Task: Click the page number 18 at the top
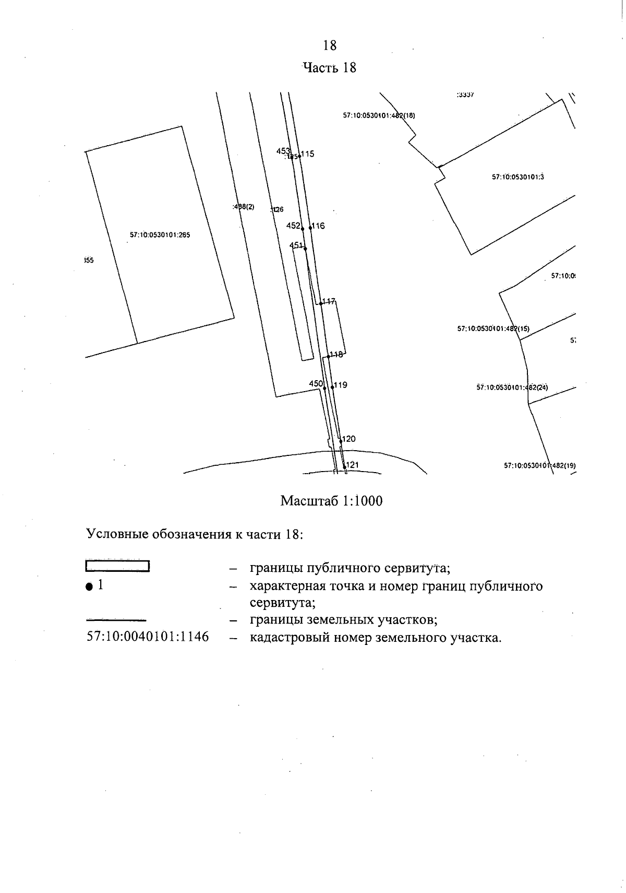[x=330, y=45]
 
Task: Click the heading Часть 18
[x=330, y=67]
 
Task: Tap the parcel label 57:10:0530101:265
[x=160, y=235]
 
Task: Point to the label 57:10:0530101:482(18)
[x=379, y=116]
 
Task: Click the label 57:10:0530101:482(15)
[x=493, y=329]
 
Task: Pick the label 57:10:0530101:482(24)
[x=512, y=387]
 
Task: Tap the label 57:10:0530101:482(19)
[x=539, y=465]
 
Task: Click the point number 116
[x=318, y=226]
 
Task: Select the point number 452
[x=293, y=226]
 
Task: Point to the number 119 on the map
[x=341, y=385]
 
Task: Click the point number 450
[x=316, y=384]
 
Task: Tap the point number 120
[x=349, y=439]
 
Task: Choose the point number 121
[x=353, y=465]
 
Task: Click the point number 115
[x=308, y=154]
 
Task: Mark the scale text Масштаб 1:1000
[x=331, y=501]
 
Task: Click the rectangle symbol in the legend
[x=117, y=566]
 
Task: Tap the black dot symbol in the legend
[x=90, y=587]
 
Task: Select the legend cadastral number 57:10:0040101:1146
[x=147, y=637]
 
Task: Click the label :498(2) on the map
[x=243, y=207]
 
